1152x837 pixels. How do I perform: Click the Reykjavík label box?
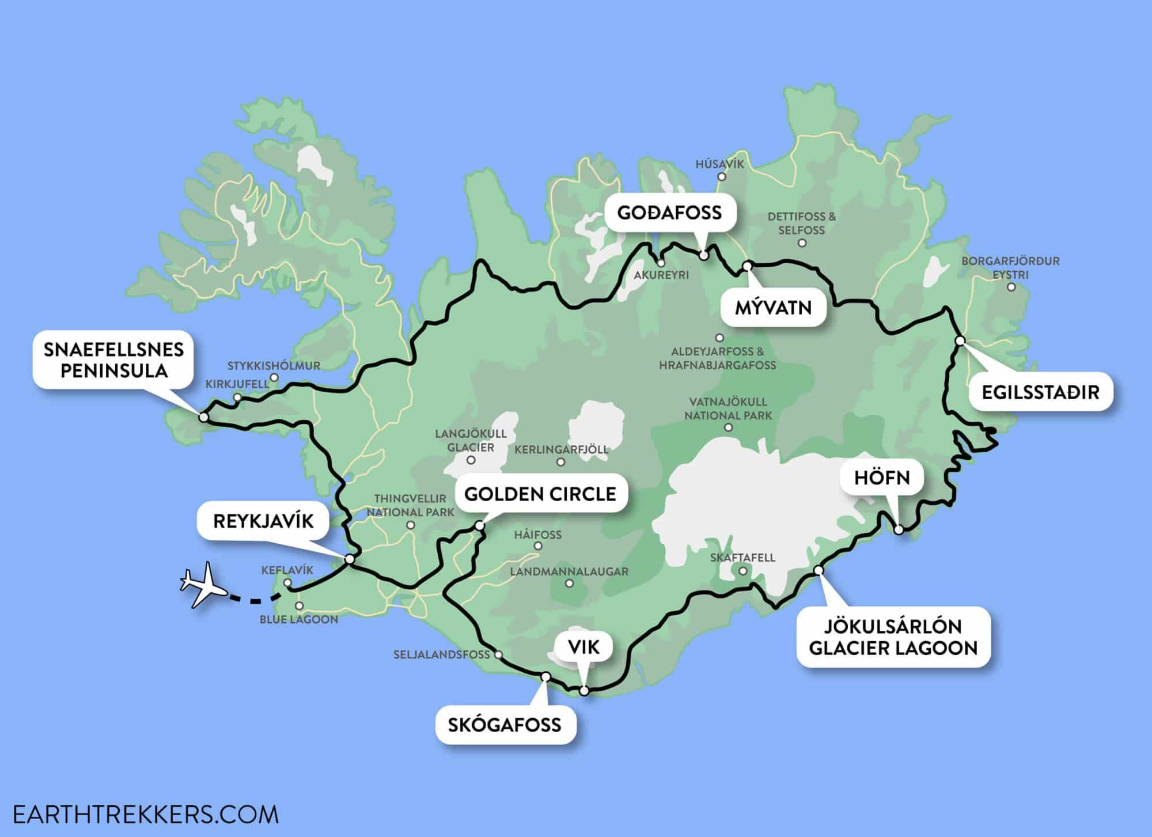click(263, 521)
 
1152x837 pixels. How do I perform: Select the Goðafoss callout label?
click(669, 213)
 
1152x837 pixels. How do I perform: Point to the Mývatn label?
click(773, 308)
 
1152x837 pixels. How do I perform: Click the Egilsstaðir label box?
click(1040, 392)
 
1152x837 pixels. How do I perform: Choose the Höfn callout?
click(882, 478)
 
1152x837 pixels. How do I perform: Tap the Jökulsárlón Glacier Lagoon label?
click(893, 637)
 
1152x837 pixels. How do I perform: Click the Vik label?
click(583, 647)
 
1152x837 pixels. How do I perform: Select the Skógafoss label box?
click(504, 724)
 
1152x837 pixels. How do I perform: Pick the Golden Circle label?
click(540, 494)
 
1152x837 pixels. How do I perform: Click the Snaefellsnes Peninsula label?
click(113, 360)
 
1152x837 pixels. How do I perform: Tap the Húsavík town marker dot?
click(722, 177)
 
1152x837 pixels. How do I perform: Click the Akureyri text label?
click(661, 275)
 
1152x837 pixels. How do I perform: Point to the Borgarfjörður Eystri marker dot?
click(1011, 287)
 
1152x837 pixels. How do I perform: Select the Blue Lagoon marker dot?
click(299, 606)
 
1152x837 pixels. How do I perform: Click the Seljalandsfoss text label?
click(441, 654)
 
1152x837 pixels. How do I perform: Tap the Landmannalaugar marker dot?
click(569, 584)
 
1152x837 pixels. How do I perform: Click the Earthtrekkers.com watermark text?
click(145, 815)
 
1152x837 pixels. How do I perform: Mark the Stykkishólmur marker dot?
click(274, 378)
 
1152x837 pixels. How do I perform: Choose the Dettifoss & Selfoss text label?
click(801, 224)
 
